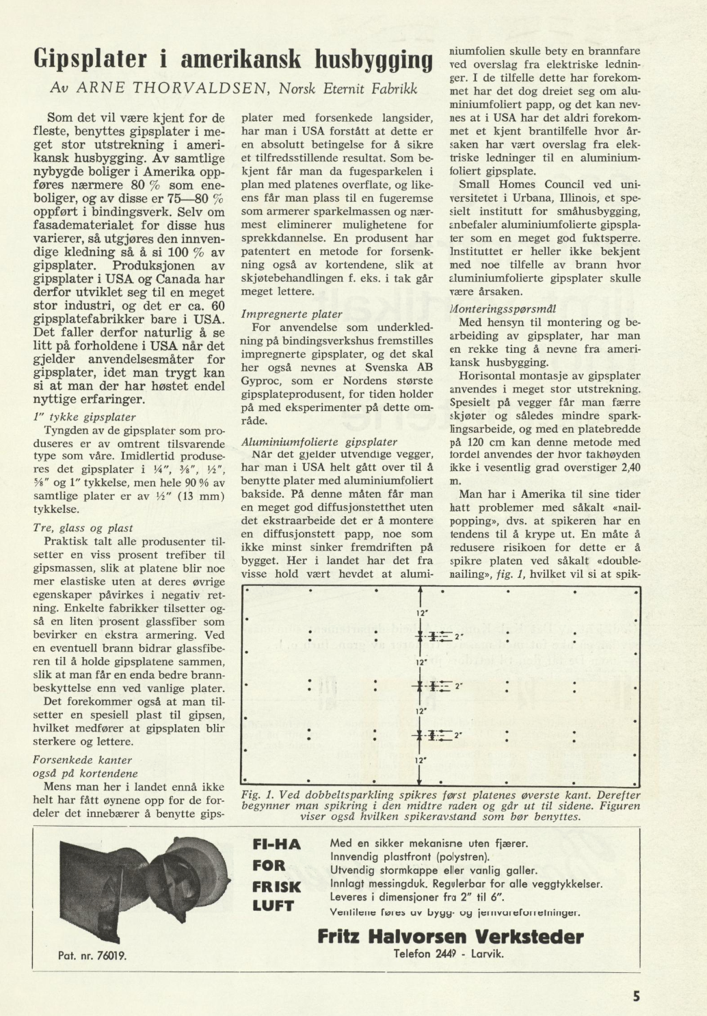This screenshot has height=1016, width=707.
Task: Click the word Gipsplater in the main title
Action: point(92,60)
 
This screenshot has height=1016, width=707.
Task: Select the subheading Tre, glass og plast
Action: point(83,528)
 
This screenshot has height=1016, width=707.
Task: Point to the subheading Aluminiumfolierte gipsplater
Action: point(319,442)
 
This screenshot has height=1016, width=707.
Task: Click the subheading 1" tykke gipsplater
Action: point(84,416)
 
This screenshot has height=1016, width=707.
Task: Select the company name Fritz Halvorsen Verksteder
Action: point(451,936)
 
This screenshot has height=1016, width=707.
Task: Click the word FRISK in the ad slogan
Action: point(276,887)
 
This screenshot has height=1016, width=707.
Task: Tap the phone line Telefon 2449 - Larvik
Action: point(449,954)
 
